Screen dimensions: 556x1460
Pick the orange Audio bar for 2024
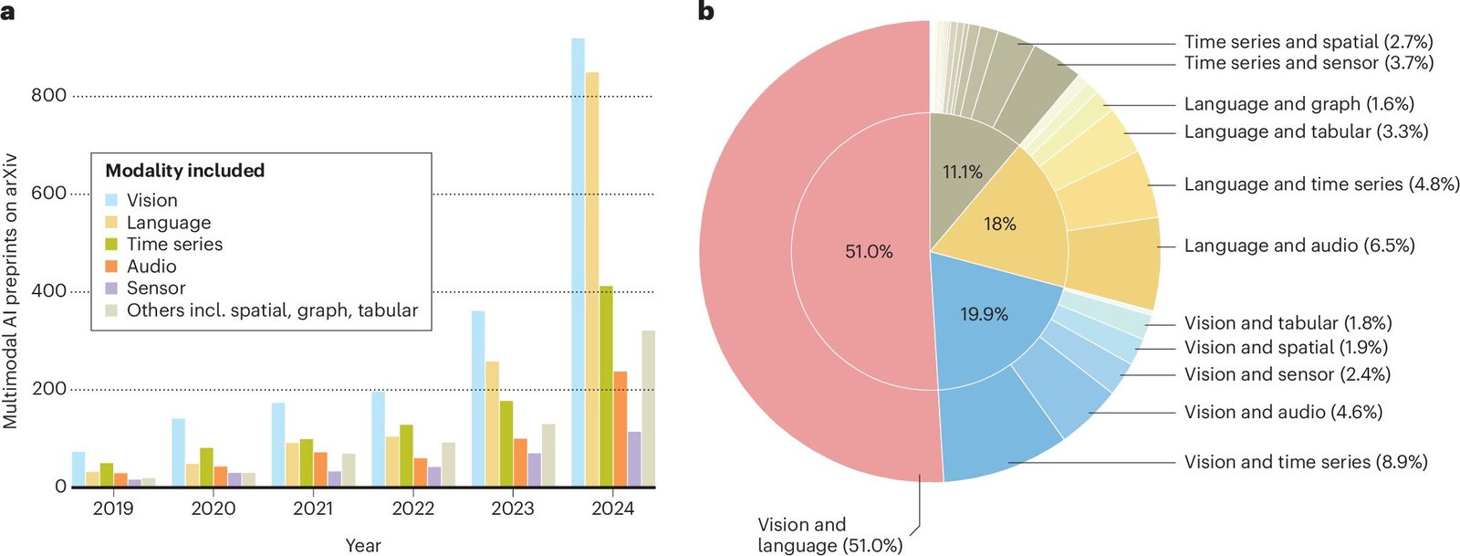[x=620, y=428]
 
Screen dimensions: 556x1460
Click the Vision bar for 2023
[x=478, y=398]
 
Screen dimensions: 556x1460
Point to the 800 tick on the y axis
[x=48, y=95]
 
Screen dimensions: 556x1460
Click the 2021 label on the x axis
[x=313, y=509]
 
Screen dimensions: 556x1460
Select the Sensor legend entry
[x=155, y=288]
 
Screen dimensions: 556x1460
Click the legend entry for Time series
[x=173, y=245]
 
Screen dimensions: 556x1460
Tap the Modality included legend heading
[x=184, y=171]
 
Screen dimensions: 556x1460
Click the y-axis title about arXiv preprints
[x=11, y=290]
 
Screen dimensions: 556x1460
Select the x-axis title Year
[x=363, y=545]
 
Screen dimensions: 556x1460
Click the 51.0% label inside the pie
[x=869, y=251]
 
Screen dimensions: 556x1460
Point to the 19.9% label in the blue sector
[x=984, y=314]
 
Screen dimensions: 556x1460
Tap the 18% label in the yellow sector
[x=1000, y=224]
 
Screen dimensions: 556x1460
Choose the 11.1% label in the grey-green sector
[x=963, y=172]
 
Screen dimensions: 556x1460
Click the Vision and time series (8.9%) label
[x=1306, y=462]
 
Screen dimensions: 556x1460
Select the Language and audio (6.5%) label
[x=1299, y=246]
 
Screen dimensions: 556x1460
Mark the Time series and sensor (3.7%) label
[x=1309, y=63]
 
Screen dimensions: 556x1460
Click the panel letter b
[x=706, y=11]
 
